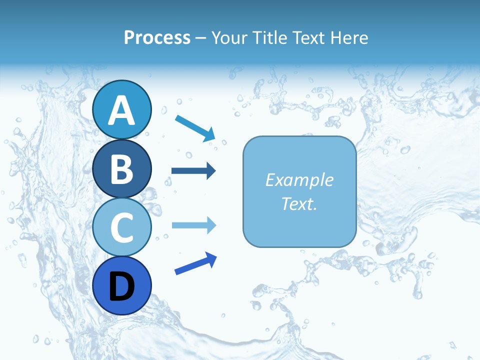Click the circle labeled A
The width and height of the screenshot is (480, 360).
click(x=122, y=109)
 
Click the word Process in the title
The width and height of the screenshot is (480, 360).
click(x=157, y=37)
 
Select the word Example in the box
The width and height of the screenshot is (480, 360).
click(x=299, y=180)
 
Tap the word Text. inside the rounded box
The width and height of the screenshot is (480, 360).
click(x=299, y=203)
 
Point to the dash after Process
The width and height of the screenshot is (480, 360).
click(x=200, y=38)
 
